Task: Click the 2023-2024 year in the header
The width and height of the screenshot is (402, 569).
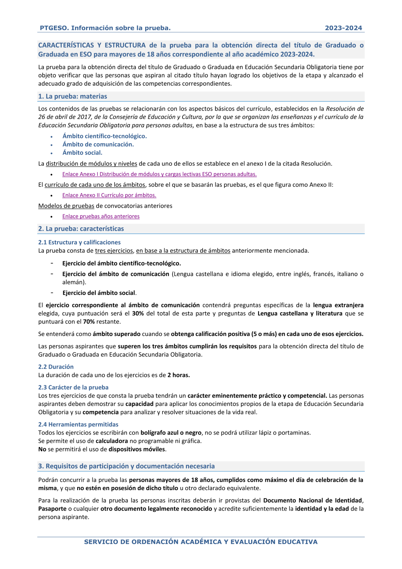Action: (343, 28)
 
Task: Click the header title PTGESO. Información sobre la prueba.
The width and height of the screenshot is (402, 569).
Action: (105, 28)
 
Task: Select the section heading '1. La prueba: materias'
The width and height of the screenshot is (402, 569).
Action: (72, 97)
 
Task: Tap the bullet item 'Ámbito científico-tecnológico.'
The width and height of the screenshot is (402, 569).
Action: (105, 136)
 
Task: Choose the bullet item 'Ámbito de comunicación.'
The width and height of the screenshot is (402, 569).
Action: (98, 144)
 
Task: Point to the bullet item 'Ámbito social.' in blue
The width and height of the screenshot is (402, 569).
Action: (82, 153)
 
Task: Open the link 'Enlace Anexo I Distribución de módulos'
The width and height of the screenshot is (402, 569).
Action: (159, 174)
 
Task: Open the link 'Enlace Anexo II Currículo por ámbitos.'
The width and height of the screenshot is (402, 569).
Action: (109, 195)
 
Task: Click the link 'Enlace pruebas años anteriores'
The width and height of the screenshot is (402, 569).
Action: (101, 216)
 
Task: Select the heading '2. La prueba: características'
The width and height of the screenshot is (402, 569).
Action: (81, 229)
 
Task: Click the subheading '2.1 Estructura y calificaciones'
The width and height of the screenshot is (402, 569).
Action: (79, 242)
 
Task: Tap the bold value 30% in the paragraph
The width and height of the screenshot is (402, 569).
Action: (138, 313)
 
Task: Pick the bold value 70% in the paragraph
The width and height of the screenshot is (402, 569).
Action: (89, 322)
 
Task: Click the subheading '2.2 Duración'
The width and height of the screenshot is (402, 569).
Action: (56, 367)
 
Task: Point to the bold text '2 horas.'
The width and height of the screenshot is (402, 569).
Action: (178, 375)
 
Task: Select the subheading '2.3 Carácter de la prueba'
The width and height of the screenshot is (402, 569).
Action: (73, 388)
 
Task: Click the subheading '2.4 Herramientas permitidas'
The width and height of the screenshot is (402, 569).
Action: (78, 425)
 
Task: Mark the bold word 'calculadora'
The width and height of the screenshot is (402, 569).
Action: (112, 441)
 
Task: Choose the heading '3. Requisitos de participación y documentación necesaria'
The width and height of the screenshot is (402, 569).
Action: (126, 466)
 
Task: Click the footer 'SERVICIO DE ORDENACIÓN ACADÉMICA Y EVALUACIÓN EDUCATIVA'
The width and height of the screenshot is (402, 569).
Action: (201, 542)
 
